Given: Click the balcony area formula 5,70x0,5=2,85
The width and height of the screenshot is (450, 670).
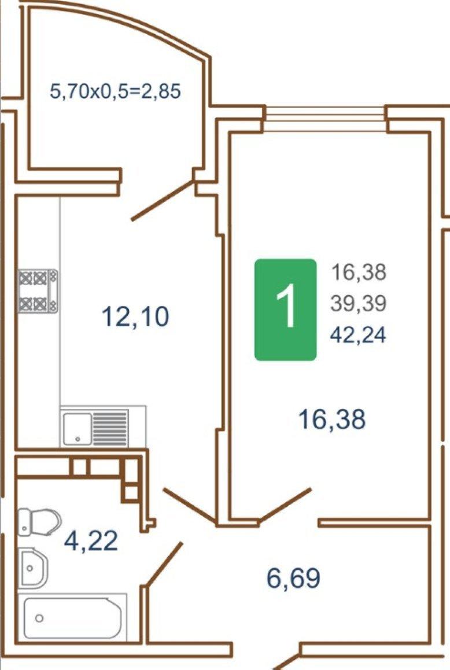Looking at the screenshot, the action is tap(115, 91).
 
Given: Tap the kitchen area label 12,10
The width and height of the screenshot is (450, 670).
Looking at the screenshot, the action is tap(136, 316).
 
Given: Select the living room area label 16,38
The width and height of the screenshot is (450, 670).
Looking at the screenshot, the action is tap(332, 419).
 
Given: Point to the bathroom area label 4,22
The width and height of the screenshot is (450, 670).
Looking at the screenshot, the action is tap(91, 540).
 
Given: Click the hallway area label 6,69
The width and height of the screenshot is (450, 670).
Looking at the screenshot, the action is tap(293, 578).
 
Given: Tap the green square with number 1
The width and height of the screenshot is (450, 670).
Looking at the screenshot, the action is tap(286, 310).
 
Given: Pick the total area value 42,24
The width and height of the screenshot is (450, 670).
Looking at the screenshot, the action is tap(358, 334).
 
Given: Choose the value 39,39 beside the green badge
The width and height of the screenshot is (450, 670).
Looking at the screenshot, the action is tap(358, 303).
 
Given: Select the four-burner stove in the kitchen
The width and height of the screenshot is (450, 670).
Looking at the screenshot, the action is tap(38, 291).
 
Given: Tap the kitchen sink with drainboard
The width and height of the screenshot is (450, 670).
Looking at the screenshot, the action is tap(95, 428).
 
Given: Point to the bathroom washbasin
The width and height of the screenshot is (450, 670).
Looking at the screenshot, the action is tap(33, 568).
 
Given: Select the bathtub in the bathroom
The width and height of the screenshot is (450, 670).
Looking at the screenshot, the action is tap(73, 618).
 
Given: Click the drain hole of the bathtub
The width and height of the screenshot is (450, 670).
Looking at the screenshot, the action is tap(39, 619).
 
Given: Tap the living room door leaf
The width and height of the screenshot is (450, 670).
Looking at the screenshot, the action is tap(285, 505).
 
